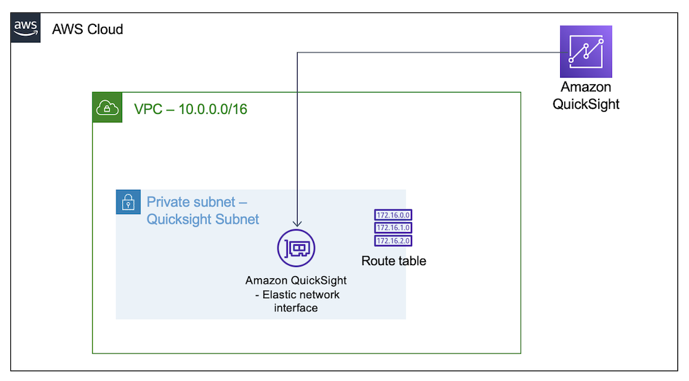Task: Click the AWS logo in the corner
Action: click(25, 28)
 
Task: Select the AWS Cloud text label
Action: click(88, 29)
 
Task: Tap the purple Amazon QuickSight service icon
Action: click(586, 51)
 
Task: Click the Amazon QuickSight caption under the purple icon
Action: click(586, 96)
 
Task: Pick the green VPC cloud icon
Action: click(107, 108)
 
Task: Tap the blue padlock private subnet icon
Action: click(127, 202)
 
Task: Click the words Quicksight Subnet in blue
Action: click(203, 219)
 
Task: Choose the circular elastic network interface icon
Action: click(296, 248)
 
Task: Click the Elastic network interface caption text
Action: click(296, 301)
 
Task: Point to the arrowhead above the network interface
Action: click(297, 224)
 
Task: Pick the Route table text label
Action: click(393, 261)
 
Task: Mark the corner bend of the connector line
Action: click(297, 52)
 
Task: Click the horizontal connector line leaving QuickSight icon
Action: click(427, 52)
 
